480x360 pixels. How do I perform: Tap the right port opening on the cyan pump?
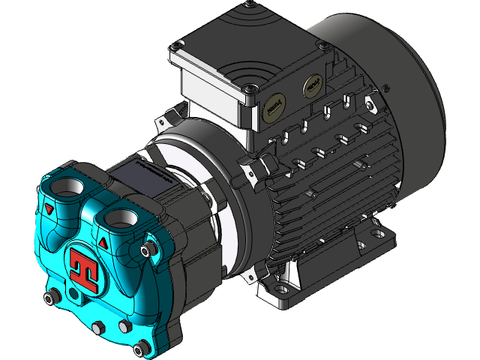(119, 217)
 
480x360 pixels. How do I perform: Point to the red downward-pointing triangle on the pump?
(49, 209)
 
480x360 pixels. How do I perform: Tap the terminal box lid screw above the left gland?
(247, 88)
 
